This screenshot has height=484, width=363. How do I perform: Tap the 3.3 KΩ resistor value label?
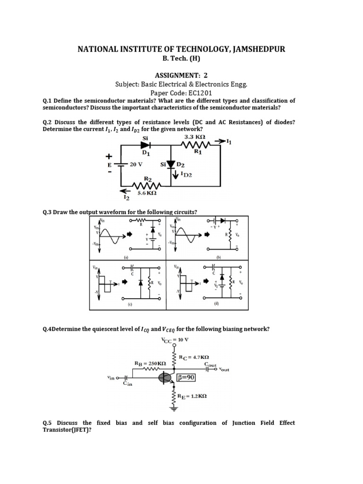[196, 138]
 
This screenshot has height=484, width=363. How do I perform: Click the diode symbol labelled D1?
[145, 145]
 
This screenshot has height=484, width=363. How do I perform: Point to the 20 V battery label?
[136, 165]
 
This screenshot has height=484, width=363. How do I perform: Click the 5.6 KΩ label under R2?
[147, 193]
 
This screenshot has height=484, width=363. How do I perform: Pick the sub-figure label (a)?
[126, 258]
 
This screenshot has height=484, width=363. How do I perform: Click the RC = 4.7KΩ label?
[194, 357]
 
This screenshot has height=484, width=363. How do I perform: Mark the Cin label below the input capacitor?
[128, 384]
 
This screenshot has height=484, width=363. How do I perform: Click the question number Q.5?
[49, 423]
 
